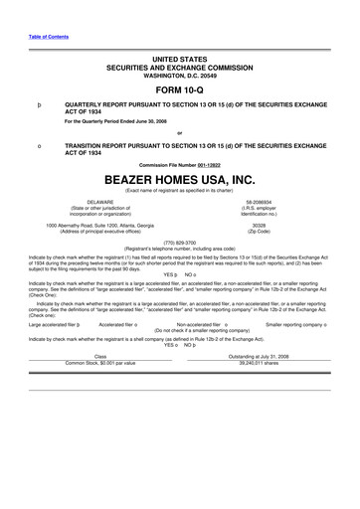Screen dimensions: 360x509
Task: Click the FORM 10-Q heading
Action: tap(180, 90)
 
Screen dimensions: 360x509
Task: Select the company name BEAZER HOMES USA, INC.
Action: tap(180, 180)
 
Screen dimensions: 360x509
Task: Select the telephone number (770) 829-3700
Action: tap(180, 242)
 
